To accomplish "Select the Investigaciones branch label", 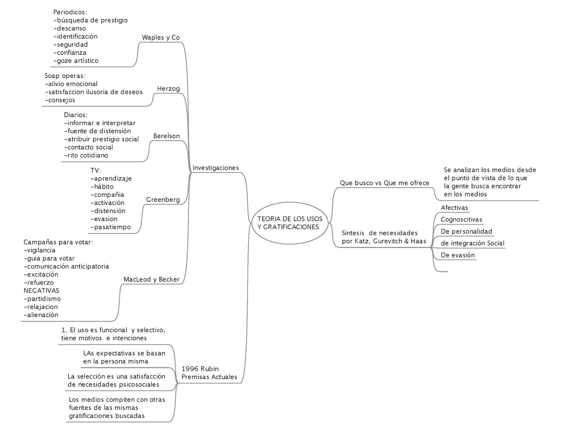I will click(x=216, y=168).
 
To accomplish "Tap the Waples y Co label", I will click(x=161, y=37).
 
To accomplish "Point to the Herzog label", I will click(x=168, y=89).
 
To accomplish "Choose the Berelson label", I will click(x=167, y=136).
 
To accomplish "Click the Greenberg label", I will click(x=163, y=200).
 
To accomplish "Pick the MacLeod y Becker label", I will click(x=151, y=280).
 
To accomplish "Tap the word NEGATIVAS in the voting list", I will click(x=42, y=290).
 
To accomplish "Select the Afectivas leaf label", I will click(x=454, y=208).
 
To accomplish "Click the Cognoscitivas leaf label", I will click(x=461, y=220).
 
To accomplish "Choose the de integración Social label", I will click(x=472, y=243).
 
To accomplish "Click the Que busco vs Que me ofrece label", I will click(x=384, y=183).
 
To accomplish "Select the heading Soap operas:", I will click(x=65, y=76).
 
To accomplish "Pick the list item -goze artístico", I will click(x=76, y=61).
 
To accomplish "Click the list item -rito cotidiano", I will click(x=86, y=156).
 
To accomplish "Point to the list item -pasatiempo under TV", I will click(x=111, y=227).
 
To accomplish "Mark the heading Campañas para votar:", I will click(x=58, y=242).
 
